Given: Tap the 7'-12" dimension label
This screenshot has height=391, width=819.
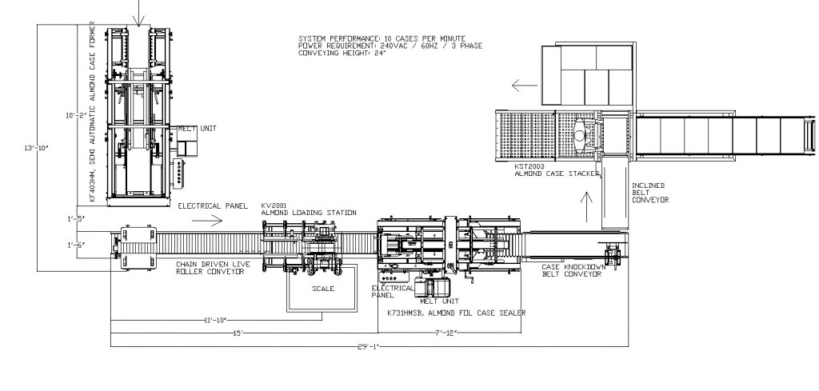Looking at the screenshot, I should [x=445, y=332].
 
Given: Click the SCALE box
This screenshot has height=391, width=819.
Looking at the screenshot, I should [x=322, y=289].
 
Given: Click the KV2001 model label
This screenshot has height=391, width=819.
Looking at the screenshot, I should [x=274, y=205].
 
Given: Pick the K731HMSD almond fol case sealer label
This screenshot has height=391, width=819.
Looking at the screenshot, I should [x=456, y=313].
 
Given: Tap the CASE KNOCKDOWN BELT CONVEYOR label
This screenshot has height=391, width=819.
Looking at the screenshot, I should [x=571, y=270].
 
